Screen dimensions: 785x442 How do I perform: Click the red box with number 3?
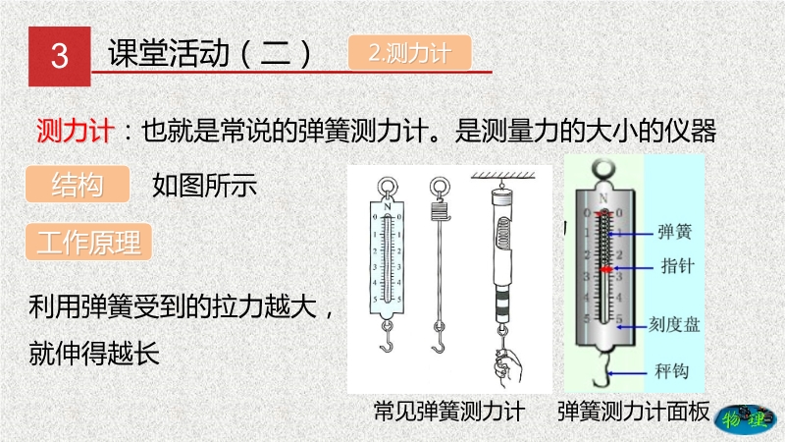[x=60, y=56]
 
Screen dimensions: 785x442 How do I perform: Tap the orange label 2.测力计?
[x=409, y=53]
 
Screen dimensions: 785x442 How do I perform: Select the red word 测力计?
[x=76, y=131]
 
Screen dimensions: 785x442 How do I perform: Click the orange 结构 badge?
[x=78, y=184]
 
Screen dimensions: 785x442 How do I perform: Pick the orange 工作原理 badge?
[x=88, y=242]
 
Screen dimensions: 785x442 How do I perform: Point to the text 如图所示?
[x=204, y=185]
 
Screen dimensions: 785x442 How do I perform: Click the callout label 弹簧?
[x=674, y=232]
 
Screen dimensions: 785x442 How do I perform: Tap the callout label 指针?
[x=677, y=265]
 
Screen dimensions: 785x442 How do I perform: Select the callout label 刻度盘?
[x=674, y=325]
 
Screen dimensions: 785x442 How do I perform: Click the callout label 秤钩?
[x=672, y=371]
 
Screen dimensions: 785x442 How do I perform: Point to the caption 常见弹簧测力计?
[x=449, y=412]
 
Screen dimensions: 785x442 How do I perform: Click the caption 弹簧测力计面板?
[x=633, y=412]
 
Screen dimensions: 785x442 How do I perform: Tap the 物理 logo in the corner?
[x=746, y=419]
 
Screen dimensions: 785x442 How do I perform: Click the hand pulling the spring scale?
[x=507, y=367]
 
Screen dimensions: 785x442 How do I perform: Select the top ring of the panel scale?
[x=602, y=169]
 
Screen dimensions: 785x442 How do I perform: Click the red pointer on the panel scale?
[x=606, y=269]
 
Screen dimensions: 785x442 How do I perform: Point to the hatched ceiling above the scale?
[x=503, y=176]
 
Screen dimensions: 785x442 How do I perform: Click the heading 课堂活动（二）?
[x=209, y=53]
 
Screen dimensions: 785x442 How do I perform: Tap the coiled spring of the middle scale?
[x=440, y=209]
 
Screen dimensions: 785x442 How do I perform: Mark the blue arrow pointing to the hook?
[x=627, y=373]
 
